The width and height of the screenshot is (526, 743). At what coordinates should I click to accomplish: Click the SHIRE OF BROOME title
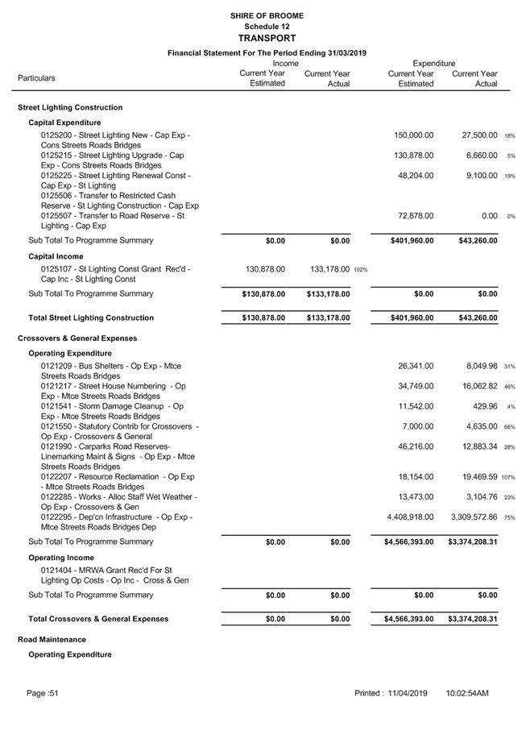point(267,15)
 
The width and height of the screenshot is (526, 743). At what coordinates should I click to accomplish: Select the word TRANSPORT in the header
point(267,38)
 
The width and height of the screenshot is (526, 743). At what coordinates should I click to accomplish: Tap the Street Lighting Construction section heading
point(70,107)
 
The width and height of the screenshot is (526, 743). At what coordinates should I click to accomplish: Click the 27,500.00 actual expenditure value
point(474,135)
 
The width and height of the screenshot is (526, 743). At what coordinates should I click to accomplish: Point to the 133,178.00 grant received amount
point(329,269)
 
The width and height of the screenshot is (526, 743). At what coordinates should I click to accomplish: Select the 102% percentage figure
point(360,270)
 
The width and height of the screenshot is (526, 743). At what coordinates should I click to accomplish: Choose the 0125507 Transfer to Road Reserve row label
point(113,221)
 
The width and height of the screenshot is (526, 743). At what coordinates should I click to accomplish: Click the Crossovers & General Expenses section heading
point(77,338)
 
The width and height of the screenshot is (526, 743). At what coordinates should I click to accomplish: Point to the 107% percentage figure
point(508,478)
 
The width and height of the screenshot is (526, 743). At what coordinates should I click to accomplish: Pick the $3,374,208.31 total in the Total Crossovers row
point(472,619)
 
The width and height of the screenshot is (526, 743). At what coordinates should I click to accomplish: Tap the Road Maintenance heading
point(52,639)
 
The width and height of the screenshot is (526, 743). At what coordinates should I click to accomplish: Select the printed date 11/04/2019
point(405,693)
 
